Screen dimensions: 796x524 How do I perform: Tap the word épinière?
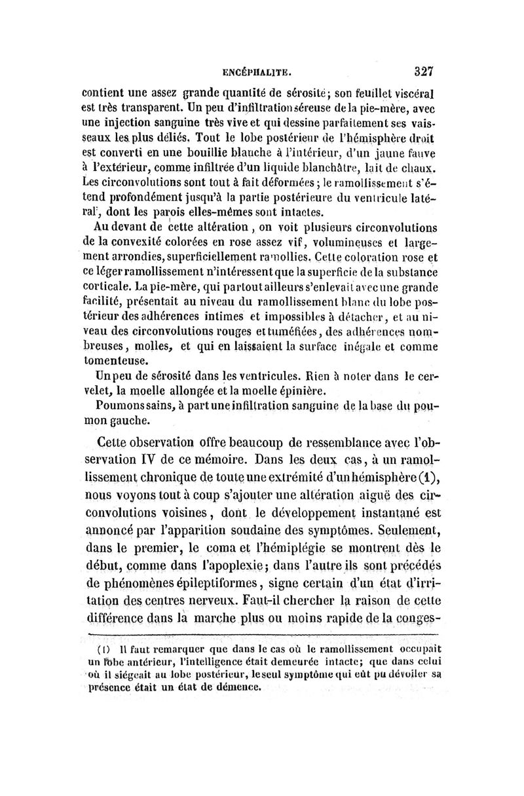[x=293, y=391]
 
